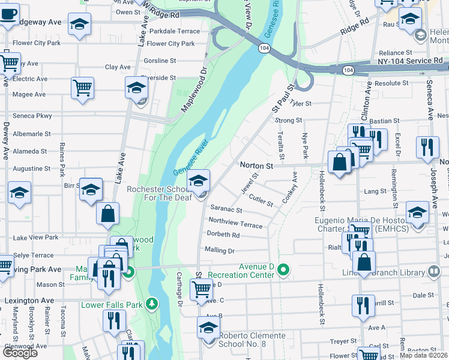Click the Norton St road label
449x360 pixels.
256,165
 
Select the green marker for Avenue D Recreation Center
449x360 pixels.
285,274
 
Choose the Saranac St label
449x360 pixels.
226,210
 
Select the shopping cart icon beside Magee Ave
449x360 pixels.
82,88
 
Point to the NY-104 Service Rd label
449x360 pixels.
411,61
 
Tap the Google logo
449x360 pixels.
20,353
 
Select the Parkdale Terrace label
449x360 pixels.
174,31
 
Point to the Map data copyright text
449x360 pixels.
424,355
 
